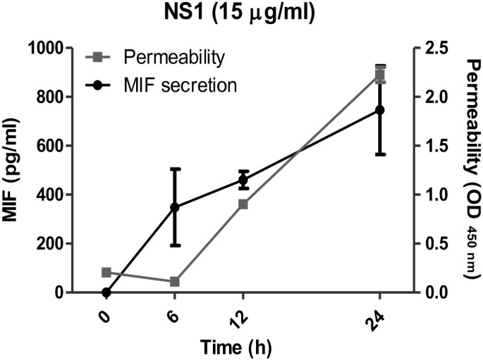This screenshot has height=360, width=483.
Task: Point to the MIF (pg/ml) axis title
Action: coord(13,170)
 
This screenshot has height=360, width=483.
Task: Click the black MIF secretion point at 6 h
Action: coord(175,207)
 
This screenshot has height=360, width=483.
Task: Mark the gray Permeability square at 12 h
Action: coord(243,204)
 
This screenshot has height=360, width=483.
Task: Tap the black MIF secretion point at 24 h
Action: coord(380,110)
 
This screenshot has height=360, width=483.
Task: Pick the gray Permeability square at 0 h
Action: coord(106,272)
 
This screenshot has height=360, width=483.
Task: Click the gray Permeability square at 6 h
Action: coord(175,282)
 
